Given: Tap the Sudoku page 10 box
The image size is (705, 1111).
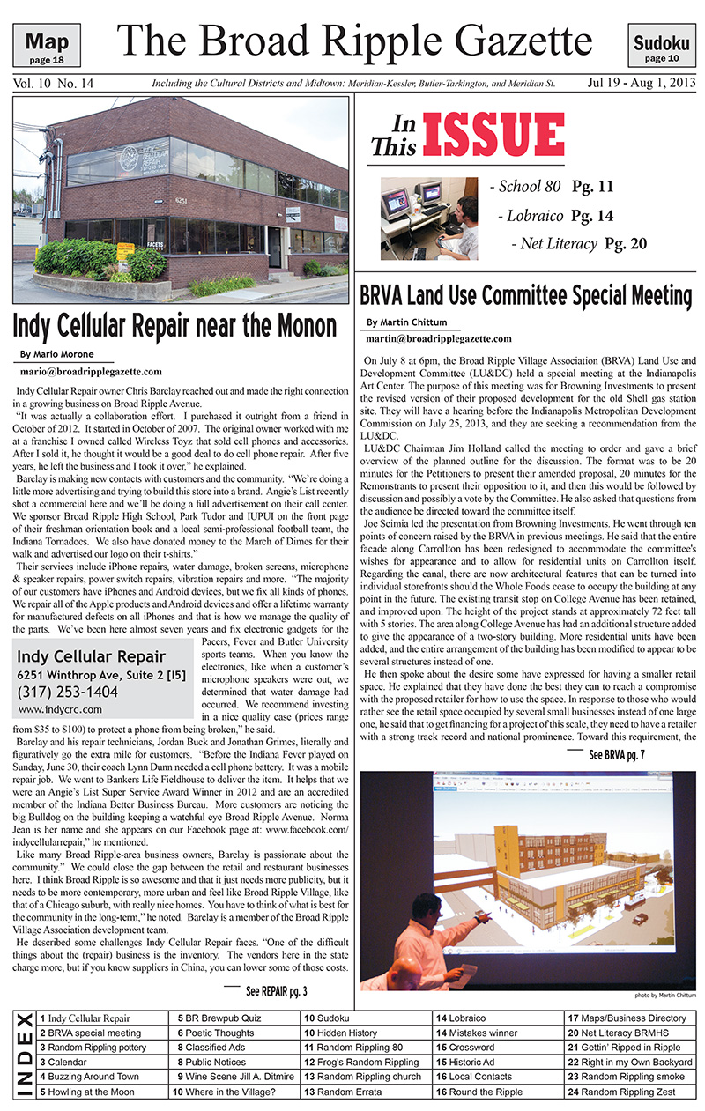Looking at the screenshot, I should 656,47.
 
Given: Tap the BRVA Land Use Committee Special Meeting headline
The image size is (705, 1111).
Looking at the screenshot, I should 526,294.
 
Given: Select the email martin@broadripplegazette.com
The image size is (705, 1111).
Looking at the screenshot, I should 438,338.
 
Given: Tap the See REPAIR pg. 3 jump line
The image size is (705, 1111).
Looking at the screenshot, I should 276,991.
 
